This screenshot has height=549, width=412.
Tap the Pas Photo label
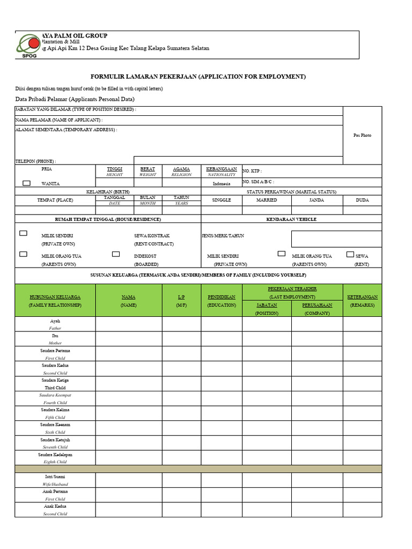tap(362, 136)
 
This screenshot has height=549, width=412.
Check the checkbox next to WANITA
tap(26, 183)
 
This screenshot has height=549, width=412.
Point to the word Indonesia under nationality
tap(221, 183)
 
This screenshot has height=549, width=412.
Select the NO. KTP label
tap(252, 170)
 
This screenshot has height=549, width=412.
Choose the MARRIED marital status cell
tap(267, 200)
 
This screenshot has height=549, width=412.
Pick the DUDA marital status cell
tap(362, 200)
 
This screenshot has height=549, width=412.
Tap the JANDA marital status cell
tap(317, 200)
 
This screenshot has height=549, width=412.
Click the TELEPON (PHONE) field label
tap(35, 161)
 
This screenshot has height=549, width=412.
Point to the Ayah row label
tap(55, 321)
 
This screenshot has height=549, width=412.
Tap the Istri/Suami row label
tap(55, 477)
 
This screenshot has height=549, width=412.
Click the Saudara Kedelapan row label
tap(55, 455)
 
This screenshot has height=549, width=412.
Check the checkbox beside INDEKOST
tap(115, 254)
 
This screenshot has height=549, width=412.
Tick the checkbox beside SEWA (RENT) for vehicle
tap(350, 254)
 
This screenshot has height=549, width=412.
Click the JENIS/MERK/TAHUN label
tap(222, 236)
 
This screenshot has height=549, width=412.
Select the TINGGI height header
tap(115, 169)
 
